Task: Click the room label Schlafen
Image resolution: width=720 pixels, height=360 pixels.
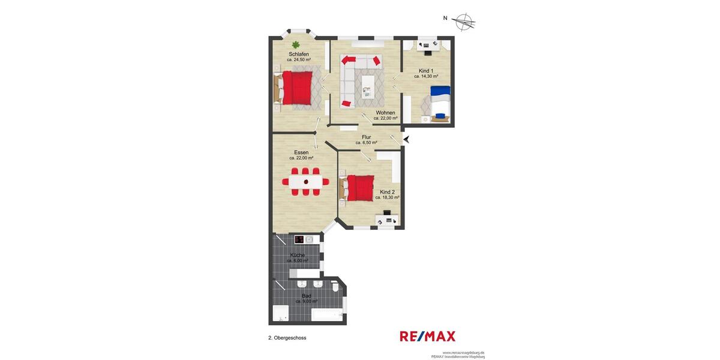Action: tap(298, 54)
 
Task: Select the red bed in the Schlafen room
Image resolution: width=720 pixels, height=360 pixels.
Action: tap(297, 88)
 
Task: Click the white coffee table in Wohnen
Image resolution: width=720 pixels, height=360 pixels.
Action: tap(367, 86)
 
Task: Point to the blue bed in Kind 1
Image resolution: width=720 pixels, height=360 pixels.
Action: tap(440, 102)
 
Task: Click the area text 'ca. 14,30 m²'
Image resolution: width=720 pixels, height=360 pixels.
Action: tap(426, 77)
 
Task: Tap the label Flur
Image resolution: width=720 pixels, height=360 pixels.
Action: tap(366, 137)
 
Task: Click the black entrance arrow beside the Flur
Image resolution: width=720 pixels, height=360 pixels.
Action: tap(406, 139)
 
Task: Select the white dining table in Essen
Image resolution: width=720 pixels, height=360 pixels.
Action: tap(306, 181)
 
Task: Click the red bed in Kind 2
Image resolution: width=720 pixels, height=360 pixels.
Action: tap(361, 188)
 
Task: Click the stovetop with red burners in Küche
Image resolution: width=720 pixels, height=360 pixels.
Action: tap(299, 240)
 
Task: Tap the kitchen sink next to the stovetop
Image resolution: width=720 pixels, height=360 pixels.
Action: tap(310, 240)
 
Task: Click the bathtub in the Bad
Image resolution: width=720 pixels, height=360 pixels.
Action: tap(327, 314)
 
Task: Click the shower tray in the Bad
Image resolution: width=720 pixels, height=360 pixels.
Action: tap(280, 313)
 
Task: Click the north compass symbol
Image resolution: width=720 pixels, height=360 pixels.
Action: tap(464, 22)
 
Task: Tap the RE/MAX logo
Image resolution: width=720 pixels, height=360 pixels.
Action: tap(427, 337)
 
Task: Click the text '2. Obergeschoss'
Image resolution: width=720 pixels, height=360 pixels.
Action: tap(287, 338)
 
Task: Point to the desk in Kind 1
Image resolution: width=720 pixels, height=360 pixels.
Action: tap(427, 45)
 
